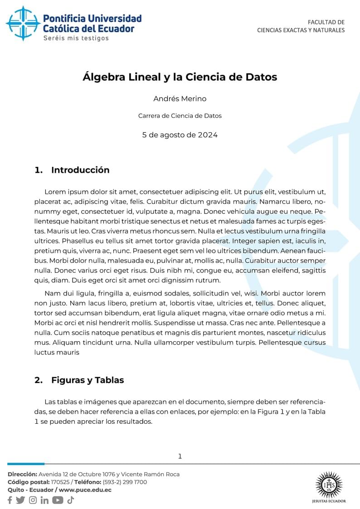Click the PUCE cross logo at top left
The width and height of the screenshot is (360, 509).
[23, 24]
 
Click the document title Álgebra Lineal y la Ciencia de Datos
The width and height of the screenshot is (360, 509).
[180, 77]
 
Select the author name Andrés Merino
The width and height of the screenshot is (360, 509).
[180, 99]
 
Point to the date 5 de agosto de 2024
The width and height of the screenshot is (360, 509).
[180, 135]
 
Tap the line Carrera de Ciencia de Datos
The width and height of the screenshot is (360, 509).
[180, 116]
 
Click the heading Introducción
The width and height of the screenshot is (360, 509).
[80, 170]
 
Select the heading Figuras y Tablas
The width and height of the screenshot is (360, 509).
[88, 380]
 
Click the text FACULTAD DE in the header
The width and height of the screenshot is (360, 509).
[326, 22]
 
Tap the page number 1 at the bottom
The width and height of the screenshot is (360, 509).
[180, 456]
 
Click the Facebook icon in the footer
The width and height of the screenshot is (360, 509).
[10, 500]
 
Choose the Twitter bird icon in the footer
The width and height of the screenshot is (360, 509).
[20, 500]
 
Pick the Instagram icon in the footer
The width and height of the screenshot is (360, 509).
[33, 500]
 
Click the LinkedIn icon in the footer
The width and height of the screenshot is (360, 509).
[44, 500]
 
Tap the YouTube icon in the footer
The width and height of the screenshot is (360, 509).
[58, 500]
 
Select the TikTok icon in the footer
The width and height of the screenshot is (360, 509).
[70, 500]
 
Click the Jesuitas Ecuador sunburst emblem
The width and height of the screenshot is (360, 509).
[329, 485]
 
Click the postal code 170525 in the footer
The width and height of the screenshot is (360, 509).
[60, 482]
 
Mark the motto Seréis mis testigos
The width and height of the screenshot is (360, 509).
[76, 39]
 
